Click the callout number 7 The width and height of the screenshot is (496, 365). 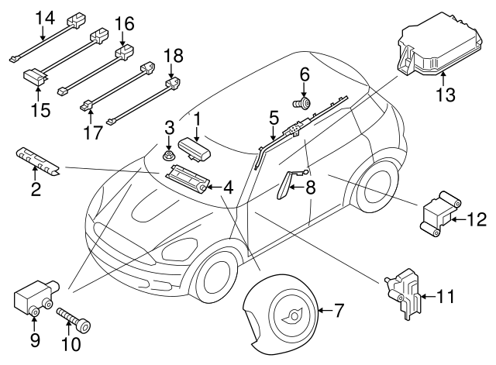coord(338,312)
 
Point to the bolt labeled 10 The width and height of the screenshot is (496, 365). coord(73,319)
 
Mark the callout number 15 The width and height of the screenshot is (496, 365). coord(40,108)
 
